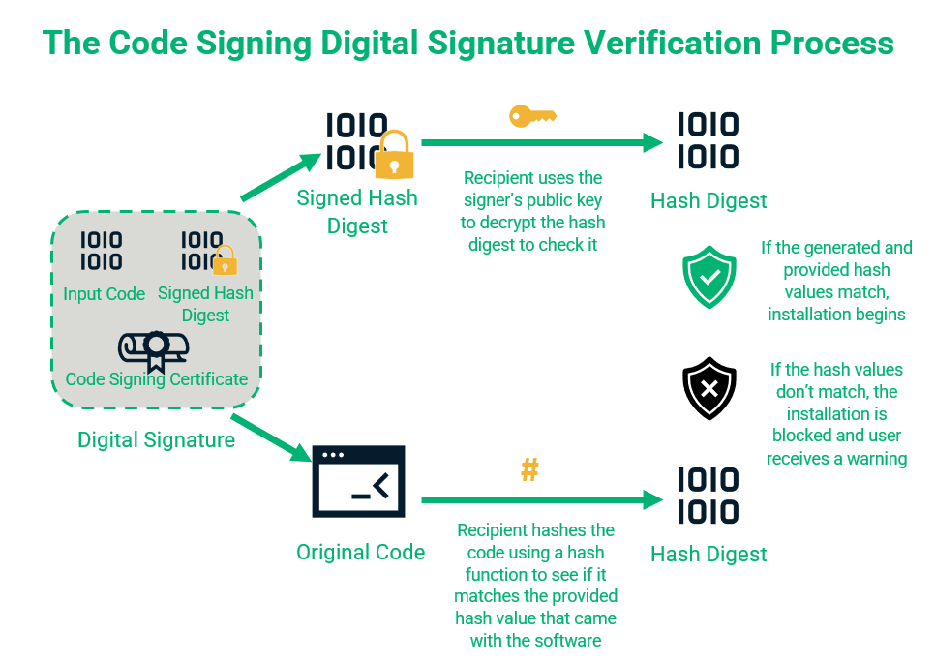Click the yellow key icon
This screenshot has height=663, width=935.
click(x=532, y=117)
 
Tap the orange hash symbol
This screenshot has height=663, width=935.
click(x=529, y=470)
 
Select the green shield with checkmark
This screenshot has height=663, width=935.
click(x=709, y=276)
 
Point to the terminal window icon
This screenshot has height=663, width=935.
click(x=358, y=481)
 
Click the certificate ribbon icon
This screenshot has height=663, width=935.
click(x=155, y=348)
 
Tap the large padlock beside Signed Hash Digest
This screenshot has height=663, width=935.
click(x=393, y=156)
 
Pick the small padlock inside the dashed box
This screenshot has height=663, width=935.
click(x=225, y=260)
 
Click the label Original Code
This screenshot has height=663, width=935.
click(x=360, y=553)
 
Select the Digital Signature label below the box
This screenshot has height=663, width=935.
click(x=156, y=440)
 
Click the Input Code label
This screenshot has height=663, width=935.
click(x=104, y=294)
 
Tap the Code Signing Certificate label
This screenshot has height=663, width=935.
click(x=156, y=379)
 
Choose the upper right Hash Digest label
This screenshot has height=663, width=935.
click(x=709, y=201)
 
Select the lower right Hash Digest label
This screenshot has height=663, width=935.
click(x=709, y=555)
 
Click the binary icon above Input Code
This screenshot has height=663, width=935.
click(x=101, y=250)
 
